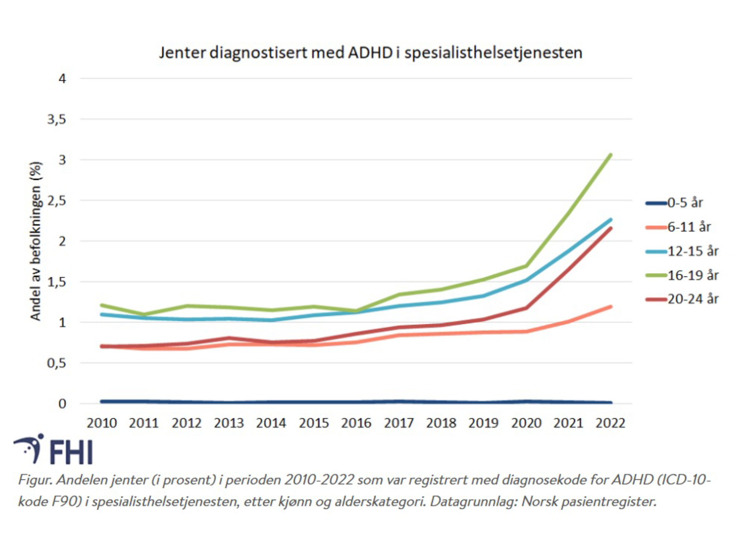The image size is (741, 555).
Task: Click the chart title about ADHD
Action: [x=370, y=52]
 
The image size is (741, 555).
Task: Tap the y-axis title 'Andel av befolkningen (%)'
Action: [x=35, y=241]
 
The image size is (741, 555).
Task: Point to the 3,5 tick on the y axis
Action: [x=57, y=119]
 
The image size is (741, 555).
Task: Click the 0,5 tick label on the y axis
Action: [x=57, y=363]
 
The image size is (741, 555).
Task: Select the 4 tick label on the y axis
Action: [x=62, y=78]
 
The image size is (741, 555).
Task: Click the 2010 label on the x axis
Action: [x=102, y=423]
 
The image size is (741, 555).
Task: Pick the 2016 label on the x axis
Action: [x=356, y=423]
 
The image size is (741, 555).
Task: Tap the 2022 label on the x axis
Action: [x=610, y=423]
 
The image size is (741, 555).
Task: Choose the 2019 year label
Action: [x=483, y=423]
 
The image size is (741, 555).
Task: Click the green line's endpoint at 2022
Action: [x=610, y=155]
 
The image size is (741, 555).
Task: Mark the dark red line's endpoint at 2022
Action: [x=610, y=228]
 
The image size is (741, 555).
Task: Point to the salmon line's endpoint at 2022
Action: [x=610, y=307]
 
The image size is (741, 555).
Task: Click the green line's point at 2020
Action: [x=526, y=266]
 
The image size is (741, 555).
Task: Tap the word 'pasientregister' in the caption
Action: [x=608, y=501]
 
